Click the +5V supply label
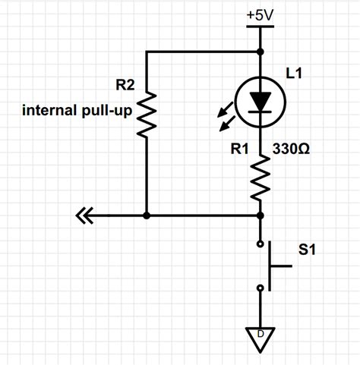pyautogui.click(x=261, y=14)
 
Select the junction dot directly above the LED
pyautogui.click(x=261, y=52)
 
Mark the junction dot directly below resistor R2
pyautogui.click(x=146, y=216)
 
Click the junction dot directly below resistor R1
pyautogui.click(x=261, y=216)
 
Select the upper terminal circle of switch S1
pyautogui.click(x=261, y=244)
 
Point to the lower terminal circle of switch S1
pyautogui.click(x=261, y=288)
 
